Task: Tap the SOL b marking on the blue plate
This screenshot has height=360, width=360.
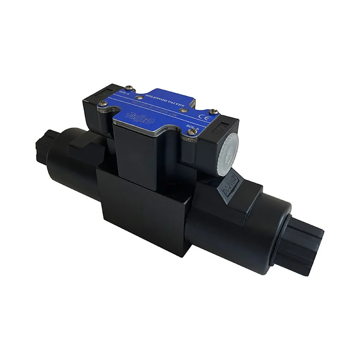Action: [x=193, y=127]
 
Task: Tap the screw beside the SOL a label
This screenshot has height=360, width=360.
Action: [x=129, y=88]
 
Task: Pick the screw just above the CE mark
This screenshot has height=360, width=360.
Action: [x=214, y=111]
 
